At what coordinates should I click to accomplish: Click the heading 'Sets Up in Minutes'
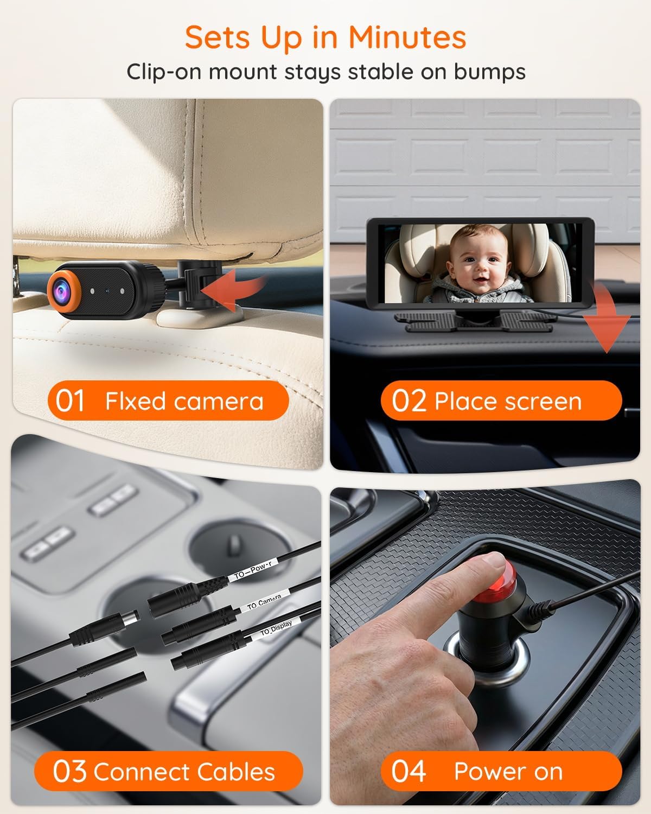tap(325, 37)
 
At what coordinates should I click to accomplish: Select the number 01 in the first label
tap(70, 402)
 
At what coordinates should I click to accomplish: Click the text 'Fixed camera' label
tap(184, 402)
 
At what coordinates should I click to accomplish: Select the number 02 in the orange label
tap(409, 402)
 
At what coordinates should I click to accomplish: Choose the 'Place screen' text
tap(508, 402)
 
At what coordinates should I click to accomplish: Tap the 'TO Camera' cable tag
tap(264, 602)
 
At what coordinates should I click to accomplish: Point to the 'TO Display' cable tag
tap(276, 628)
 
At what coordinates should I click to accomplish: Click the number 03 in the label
tap(69, 772)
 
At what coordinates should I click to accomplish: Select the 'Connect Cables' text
tap(184, 772)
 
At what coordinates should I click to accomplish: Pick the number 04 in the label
tap(409, 772)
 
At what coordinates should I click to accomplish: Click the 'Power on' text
tap(508, 772)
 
